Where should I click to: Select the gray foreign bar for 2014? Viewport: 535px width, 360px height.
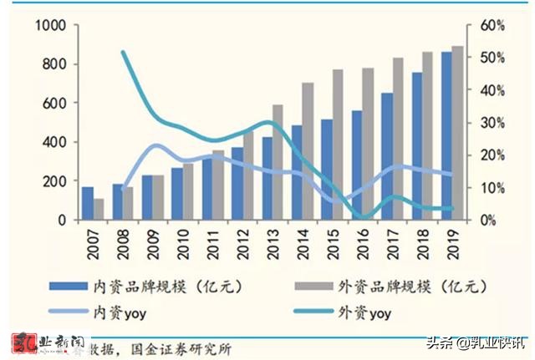[308, 151]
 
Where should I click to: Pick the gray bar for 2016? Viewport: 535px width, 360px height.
[368, 144]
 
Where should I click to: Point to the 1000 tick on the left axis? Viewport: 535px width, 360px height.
[51, 26]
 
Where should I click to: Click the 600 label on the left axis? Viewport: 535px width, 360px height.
[55, 104]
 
